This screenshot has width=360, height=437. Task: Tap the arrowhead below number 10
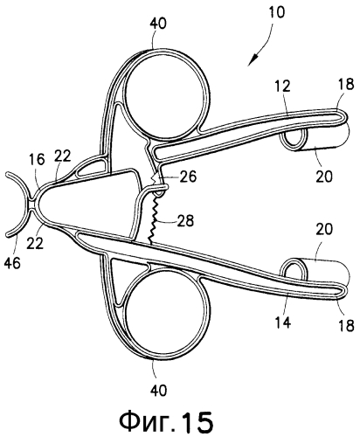pos(253,59)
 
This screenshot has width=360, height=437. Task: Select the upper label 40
pos(158,24)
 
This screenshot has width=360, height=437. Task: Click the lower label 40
pos(159,390)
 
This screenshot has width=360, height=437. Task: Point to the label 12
pos(282,87)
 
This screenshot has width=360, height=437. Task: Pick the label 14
pos(283,323)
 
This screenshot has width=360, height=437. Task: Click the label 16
pos(38,159)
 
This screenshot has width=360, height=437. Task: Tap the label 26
pos(188,177)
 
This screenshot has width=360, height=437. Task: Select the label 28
pos(185,220)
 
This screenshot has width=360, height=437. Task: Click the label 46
pos(12,263)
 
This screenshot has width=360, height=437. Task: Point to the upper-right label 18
pos(346,84)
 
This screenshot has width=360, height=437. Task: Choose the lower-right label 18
pos(346,325)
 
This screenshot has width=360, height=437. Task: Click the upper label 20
pos(324,177)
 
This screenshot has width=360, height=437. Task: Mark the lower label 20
pos(324,230)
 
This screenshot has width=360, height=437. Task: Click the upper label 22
pos(63,156)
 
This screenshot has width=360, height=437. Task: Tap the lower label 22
pos(35,243)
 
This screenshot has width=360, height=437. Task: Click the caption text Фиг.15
pos(166,421)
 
